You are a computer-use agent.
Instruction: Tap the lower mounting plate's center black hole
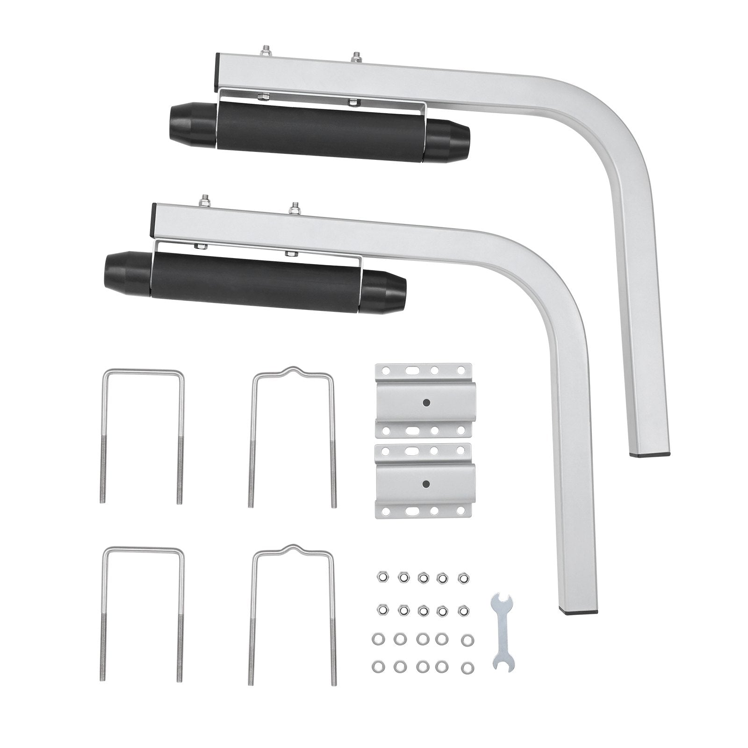pos(426,484)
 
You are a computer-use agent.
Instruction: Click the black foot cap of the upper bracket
pos(650,453)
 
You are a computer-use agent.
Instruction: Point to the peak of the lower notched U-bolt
pos(294,547)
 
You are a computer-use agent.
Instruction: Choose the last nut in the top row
pos(463,578)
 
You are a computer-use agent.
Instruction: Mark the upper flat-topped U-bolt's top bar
pos(143,372)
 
